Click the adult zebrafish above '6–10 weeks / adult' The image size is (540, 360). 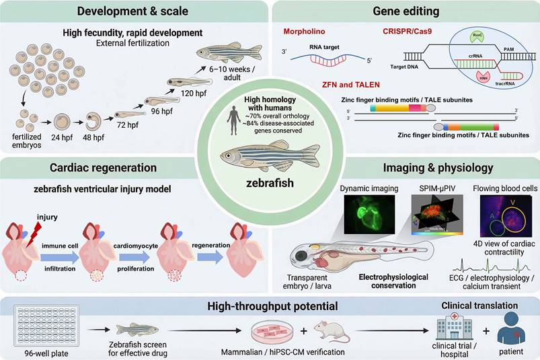(229, 52)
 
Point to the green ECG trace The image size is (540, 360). (495, 262)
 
